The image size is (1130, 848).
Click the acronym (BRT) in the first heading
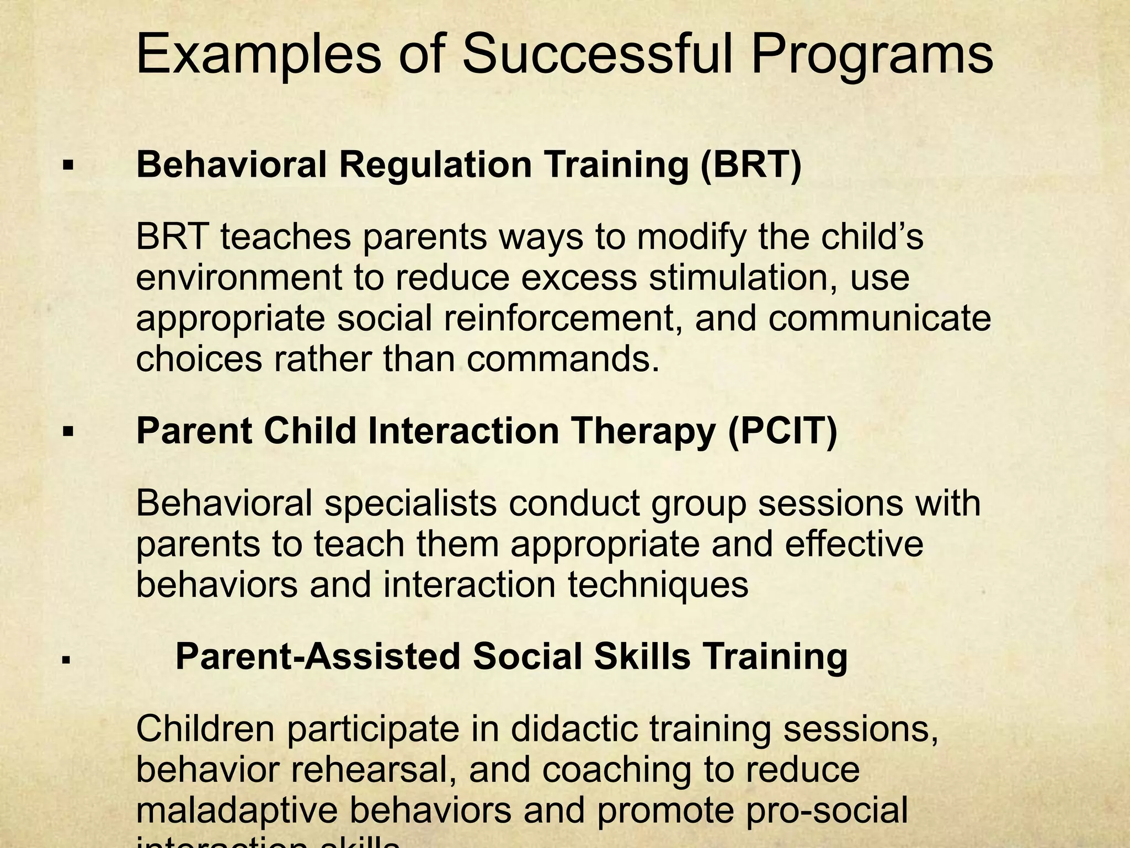pos(750,165)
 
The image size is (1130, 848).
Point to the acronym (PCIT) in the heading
pos(782,431)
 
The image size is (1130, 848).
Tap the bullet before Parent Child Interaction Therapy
pos(68,431)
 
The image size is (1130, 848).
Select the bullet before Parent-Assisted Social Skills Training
pos(66,659)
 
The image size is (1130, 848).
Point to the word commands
pos(563,359)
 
